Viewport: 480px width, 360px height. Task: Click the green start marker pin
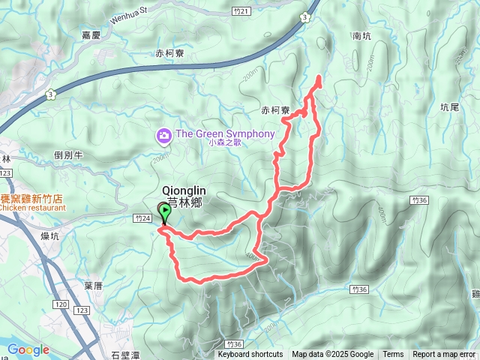[163, 211]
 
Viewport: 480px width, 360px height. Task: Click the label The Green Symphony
[225, 134]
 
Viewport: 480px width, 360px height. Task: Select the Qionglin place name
[184, 190]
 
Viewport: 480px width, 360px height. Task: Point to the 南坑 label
[361, 35]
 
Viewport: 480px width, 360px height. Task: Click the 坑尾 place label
[450, 107]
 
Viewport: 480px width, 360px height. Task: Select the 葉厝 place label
[93, 285]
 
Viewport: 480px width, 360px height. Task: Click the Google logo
[28, 349]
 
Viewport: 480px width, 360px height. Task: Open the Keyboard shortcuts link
[250, 355]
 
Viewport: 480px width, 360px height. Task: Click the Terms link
[393, 355]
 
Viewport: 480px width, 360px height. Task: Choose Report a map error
[445, 355]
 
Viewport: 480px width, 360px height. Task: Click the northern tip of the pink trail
[318, 77]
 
